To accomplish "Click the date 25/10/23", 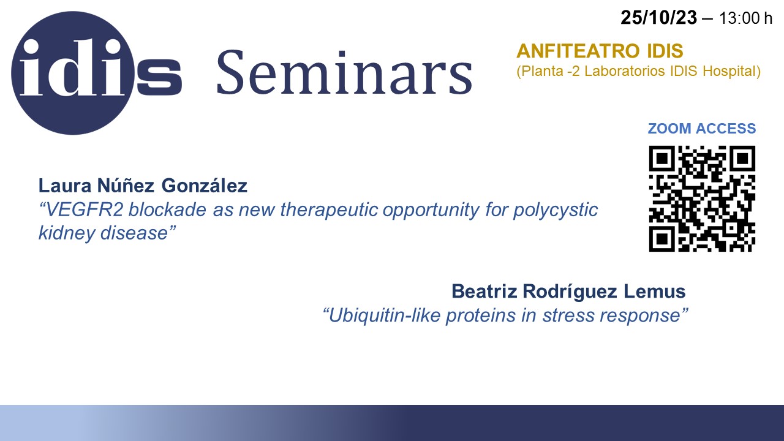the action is point(658,18).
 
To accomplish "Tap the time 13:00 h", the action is point(745,18).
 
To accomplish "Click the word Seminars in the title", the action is point(345,72).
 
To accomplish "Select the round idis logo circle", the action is point(73,73).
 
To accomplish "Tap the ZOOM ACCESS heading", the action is point(702,129).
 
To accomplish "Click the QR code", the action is point(702,198).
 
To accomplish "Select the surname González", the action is point(205,185).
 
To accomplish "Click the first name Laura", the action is point(65,186).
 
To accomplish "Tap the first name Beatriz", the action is point(484,291).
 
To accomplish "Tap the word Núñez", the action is point(126,185).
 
